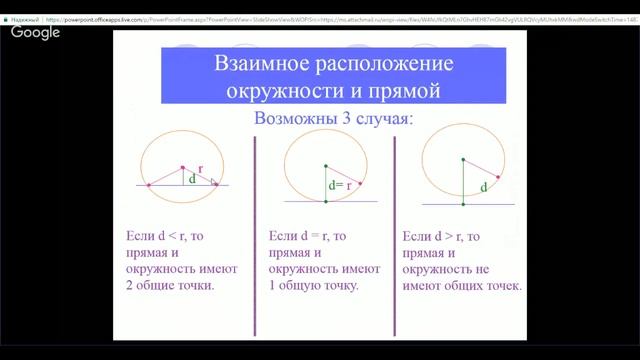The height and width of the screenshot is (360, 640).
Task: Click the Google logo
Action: pyautogui.click(x=36, y=33)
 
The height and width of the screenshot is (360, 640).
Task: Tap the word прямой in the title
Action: pyautogui.click(x=405, y=91)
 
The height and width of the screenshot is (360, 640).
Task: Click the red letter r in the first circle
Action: pyautogui.click(x=200, y=170)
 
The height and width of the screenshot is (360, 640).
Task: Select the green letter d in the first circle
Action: pyautogui.click(x=193, y=180)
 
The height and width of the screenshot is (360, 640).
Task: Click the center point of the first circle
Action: pyautogui.click(x=183, y=167)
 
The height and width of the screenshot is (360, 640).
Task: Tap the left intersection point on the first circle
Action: pyautogui.click(x=149, y=185)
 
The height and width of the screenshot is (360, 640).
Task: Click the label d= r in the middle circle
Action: pyautogui.click(x=341, y=185)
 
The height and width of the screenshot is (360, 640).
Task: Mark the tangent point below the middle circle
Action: pyautogui.click(x=326, y=201)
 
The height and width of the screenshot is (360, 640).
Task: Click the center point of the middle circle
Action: pyautogui.click(x=326, y=165)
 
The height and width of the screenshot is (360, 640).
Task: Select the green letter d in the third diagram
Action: pyautogui.click(x=483, y=187)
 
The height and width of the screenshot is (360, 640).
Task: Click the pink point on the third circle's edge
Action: pyautogui.click(x=498, y=177)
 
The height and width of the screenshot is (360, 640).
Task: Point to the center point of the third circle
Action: pyautogui.click(x=463, y=160)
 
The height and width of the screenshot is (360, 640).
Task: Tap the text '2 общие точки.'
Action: pyautogui.click(x=170, y=285)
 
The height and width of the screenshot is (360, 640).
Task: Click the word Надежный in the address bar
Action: pyautogui.click(x=26, y=6)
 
